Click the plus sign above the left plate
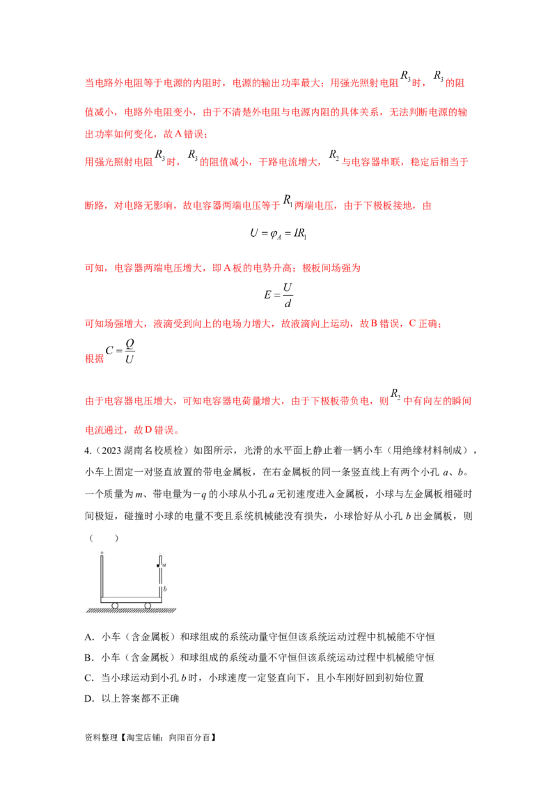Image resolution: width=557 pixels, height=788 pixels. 102,553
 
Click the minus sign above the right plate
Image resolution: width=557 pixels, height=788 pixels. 160,554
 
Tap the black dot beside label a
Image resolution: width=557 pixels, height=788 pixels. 158,566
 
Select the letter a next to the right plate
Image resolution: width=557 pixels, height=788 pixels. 164,565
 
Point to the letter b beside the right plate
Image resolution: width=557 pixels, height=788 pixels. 165,589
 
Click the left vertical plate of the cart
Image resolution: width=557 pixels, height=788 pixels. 102,578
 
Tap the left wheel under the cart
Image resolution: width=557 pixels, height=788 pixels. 116,605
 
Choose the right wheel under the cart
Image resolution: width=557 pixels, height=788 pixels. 148,605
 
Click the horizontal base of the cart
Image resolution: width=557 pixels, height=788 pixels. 132,599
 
